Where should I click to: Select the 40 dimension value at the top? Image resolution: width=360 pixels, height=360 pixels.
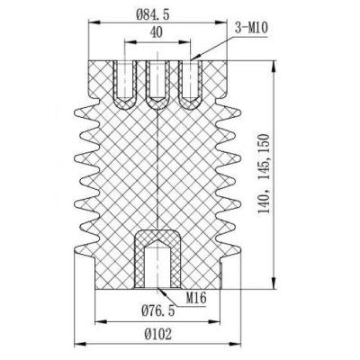click(x=157, y=32)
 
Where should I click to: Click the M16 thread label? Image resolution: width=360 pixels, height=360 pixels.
click(x=199, y=296)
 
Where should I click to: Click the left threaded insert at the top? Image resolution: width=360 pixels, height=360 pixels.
click(x=124, y=82)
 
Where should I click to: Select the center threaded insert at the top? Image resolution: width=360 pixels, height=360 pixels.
click(x=157, y=82)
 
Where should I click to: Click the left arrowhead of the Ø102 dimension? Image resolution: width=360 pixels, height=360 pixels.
click(x=76, y=344)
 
